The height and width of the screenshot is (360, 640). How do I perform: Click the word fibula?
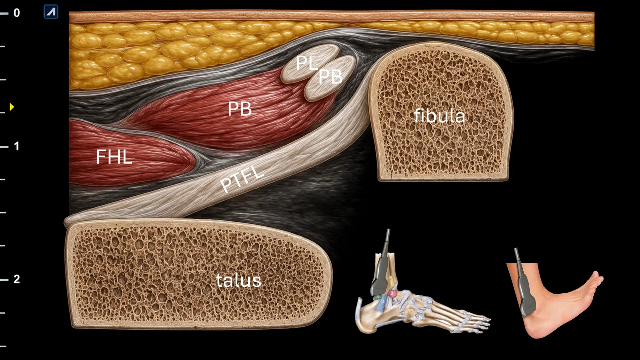[x=439, y=116]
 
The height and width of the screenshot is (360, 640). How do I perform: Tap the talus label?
[x=238, y=280]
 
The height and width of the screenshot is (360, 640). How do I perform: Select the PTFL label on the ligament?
[x=242, y=179]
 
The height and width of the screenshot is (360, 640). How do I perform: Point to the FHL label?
[x=114, y=157]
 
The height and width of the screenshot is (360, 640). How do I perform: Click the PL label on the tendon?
[x=307, y=63]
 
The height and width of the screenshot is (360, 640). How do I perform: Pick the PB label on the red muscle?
[x=240, y=109]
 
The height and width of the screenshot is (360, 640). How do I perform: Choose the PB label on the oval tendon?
[x=330, y=77]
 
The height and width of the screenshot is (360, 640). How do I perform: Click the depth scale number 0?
[x=17, y=13]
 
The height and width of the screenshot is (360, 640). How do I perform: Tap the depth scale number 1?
[x=17, y=146]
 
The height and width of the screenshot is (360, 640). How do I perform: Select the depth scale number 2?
[x=17, y=279]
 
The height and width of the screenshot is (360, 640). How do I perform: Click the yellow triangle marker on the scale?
[x=12, y=107]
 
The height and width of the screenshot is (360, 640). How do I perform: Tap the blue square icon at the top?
[x=51, y=12]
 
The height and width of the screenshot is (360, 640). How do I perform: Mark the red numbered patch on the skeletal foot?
[x=392, y=293]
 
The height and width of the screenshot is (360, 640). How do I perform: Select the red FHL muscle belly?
[x=128, y=154]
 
